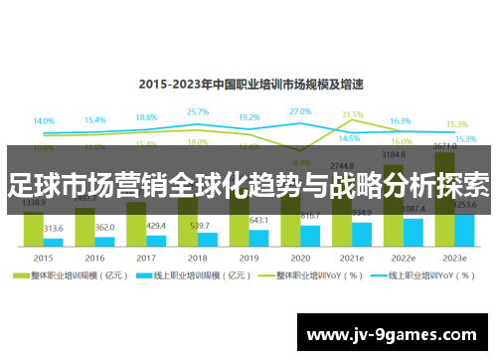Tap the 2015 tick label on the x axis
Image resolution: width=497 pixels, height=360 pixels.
[44, 256]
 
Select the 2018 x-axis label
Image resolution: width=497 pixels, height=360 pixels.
[197, 256]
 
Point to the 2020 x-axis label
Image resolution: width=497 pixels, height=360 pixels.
[299, 256]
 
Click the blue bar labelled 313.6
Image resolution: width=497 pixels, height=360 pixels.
[54, 242]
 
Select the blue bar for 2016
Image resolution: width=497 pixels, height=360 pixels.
[104, 241]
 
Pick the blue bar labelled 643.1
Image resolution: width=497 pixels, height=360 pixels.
[258, 238]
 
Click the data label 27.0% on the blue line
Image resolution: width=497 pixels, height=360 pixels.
[300, 111]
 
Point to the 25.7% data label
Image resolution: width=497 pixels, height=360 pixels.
[197, 112]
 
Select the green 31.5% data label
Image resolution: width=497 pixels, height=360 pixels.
[352, 115]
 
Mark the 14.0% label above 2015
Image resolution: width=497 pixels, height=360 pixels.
[44, 121]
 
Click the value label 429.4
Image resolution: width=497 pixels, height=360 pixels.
[156, 226]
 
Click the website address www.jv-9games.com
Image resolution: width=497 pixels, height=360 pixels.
[395, 334]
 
